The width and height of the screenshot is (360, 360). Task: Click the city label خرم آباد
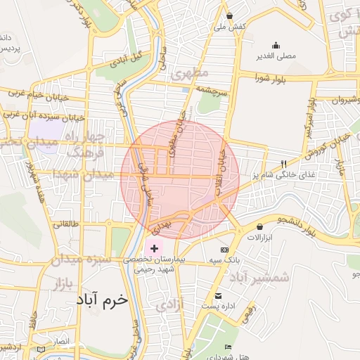(x=103, y=300)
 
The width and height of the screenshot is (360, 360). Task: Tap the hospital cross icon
(x=154, y=249)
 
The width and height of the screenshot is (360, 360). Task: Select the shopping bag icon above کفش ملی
(x=229, y=15)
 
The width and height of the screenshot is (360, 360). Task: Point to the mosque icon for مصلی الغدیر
(x=275, y=44)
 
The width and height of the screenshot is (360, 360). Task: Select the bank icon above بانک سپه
(x=224, y=250)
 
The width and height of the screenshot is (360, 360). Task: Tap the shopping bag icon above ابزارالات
(x=261, y=227)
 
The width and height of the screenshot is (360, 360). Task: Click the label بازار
(x=63, y=283)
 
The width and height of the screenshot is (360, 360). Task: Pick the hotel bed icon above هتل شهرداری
(x=227, y=347)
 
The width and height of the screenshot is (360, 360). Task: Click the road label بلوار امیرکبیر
(x=309, y=115)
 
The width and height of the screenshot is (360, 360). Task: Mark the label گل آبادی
(x=129, y=56)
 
